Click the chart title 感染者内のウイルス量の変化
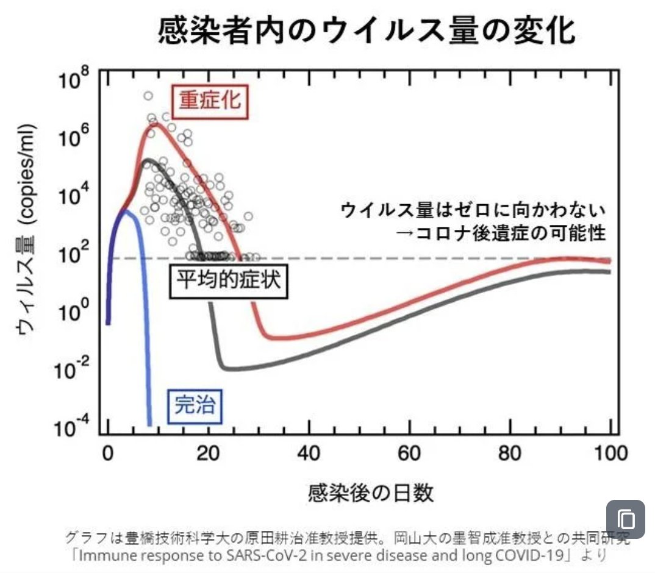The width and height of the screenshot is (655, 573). (x=366, y=30)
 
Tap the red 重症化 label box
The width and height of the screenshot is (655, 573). (x=210, y=101)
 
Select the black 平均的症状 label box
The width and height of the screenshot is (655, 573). (x=227, y=282)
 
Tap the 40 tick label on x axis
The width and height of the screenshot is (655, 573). (x=309, y=454)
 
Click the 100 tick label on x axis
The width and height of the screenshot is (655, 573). (x=610, y=454)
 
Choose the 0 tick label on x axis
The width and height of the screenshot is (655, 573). (x=108, y=454)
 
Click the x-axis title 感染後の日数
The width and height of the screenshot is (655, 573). (x=371, y=491)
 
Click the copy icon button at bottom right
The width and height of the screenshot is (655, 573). (x=625, y=520)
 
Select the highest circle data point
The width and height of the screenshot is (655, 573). (x=148, y=96)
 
